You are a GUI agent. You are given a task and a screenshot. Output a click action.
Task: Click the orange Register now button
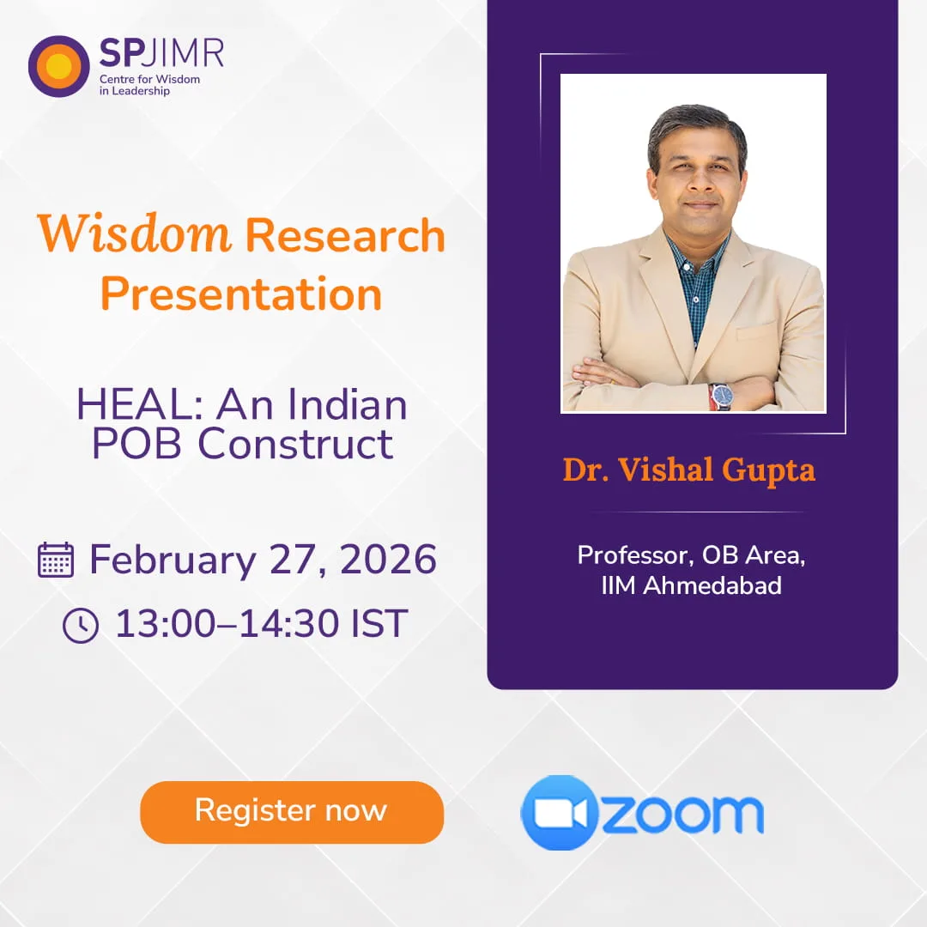(x=292, y=811)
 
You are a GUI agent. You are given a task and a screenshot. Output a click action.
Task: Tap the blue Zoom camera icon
(x=560, y=813)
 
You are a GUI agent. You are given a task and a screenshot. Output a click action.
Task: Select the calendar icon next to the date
(x=57, y=560)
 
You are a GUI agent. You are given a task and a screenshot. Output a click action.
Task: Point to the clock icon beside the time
(x=81, y=625)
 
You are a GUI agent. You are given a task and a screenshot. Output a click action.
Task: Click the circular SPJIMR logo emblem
(x=58, y=66)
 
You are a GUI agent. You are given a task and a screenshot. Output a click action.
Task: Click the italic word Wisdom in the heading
(x=134, y=235)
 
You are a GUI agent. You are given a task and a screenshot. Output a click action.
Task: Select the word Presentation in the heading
(x=241, y=294)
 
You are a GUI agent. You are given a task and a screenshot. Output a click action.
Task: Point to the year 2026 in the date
(x=388, y=560)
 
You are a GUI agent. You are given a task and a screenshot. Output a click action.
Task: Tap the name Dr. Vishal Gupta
(x=688, y=470)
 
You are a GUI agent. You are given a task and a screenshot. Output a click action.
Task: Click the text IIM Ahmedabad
(x=691, y=586)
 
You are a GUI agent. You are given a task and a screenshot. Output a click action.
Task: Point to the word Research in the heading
(x=345, y=235)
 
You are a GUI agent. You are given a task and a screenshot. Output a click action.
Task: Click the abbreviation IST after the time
(x=379, y=624)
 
